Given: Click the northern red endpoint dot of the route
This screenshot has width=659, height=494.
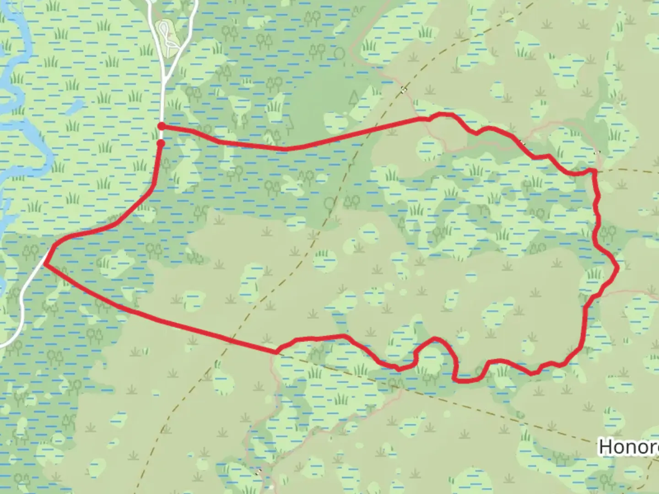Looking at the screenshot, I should [x=161, y=126].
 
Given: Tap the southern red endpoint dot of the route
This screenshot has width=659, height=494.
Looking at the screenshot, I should [x=161, y=143].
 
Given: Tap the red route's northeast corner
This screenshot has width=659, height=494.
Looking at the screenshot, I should [x=594, y=171].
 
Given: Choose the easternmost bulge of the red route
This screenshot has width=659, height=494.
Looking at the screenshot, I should [x=617, y=268].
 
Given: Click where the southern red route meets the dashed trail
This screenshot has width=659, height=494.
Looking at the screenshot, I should [x=277, y=352].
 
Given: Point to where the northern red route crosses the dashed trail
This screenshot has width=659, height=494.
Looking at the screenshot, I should [x=362, y=132].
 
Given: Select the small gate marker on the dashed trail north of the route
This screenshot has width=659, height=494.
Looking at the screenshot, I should [x=403, y=90].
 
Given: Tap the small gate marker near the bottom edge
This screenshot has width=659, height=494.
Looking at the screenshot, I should [x=259, y=471].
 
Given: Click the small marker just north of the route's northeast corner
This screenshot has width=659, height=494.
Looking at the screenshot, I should [x=596, y=152].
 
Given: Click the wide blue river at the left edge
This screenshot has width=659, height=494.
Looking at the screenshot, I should [x=18, y=133].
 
